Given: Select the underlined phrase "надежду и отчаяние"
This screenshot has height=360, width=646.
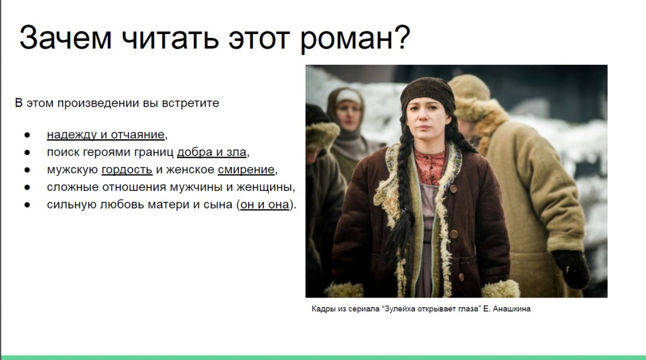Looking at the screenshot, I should click(105, 134).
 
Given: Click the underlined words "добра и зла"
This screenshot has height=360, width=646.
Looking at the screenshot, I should click(212, 152).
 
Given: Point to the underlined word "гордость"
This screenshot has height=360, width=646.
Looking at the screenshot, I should click(127, 170).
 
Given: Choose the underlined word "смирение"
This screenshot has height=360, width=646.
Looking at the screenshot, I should click(246, 170).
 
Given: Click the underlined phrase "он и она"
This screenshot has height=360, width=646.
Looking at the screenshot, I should click(264, 204).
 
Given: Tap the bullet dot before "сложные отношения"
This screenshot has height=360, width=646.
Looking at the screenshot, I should click(27, 187).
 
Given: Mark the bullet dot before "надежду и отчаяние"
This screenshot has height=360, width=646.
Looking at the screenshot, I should click(27, 135).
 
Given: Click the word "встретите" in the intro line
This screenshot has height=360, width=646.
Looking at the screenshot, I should click(194, 103).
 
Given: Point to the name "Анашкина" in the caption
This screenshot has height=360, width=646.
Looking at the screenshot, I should click(510, 309).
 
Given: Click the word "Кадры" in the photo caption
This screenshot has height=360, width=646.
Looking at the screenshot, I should click(324, 309).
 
